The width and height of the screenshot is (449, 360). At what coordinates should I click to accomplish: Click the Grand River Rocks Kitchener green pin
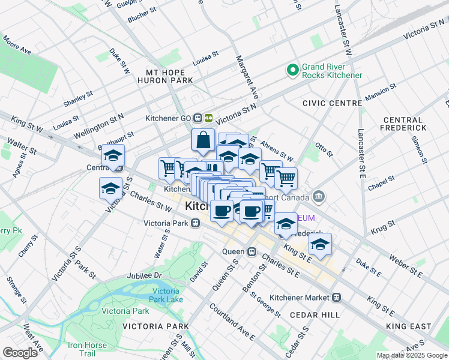pyautogui.click(x=293, y=70)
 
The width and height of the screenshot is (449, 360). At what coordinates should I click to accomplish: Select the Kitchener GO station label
pyautogui.click(x=175, y=118)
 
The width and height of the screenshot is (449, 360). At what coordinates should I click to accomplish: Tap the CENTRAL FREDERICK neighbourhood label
pyautogui.click(x=403, y=124)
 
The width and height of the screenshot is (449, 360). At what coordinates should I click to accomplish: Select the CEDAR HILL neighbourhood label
pyautogui.click(x=315, y=314)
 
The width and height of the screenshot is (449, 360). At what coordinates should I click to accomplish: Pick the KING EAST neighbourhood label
pyautogui.click(x=409, y=326)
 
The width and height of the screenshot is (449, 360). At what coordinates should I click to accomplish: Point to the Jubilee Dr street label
pyautogui.click(x=145, y=275)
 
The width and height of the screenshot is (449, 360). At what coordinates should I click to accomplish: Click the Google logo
pyautogui.click(x=20, y=353)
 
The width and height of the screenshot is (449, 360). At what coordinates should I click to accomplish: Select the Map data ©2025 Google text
pyautogui.click(x=412, y=355)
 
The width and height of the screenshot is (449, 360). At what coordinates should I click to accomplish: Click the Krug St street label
pyautogui.click(x=382, y=226)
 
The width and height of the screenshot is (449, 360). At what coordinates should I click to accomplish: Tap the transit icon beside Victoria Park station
pyautogui.click(x=196, y=224)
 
